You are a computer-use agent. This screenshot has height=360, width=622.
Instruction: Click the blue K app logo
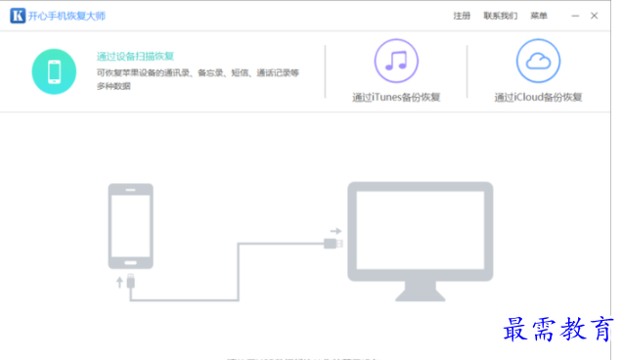[17, 16]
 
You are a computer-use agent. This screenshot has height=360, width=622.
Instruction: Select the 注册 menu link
[462, 16]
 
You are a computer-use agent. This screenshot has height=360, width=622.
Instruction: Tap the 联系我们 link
[500, 16]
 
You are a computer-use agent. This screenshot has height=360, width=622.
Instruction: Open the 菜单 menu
[539, 16]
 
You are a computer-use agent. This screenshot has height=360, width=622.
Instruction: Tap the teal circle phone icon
[56, 71]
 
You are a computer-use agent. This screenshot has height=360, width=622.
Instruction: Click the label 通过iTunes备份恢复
[396, 97]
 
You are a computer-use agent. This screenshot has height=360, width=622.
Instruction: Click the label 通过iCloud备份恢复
[538, 97]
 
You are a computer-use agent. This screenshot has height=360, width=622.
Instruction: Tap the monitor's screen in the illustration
[422, 231]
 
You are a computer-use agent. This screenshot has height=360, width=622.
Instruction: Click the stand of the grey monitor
[422, 290]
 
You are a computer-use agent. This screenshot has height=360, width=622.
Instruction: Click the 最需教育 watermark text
[557, 330]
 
